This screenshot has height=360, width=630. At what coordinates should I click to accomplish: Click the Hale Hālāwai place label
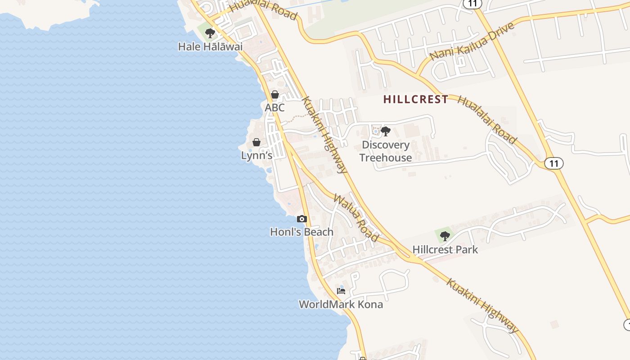(x=210, y=46)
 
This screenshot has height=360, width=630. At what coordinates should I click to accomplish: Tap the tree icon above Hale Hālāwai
(x=210, y=33)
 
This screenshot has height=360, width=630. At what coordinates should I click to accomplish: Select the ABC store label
(x=274, y=108)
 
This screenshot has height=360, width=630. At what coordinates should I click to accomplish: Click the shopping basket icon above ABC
(x=274, y=94)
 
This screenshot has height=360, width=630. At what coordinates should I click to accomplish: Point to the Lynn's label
(x=257, y=155)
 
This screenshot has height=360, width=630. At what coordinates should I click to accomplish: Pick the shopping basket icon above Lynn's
(x=256, y=142)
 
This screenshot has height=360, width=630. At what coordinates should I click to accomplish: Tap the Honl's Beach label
(x=301, y=232)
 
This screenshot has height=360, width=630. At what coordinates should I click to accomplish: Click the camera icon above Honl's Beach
(x=302, y=219)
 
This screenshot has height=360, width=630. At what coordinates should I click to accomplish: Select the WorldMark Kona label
(x=341, y=304)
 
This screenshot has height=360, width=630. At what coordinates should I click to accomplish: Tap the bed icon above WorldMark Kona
(x=341, y=291)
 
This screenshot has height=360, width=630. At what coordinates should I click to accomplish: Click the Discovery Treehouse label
(x=386, y=151)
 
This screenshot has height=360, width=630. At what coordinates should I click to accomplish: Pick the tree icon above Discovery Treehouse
(x=385, y=131)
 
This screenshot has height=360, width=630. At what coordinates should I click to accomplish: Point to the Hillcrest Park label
(x=445, y=249)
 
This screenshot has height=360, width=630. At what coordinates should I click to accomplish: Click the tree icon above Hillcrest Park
(x=445, y=236)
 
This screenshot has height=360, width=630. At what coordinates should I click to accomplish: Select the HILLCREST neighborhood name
(x=416, y=99)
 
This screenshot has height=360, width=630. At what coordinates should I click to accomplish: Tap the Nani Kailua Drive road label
(x=472, y=42)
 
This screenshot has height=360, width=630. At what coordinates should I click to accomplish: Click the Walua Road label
(x=356, y=217)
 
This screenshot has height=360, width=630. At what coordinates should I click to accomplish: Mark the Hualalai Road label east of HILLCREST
(x=487, y=120)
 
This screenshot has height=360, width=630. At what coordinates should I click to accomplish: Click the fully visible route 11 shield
(x=553, y=163)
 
